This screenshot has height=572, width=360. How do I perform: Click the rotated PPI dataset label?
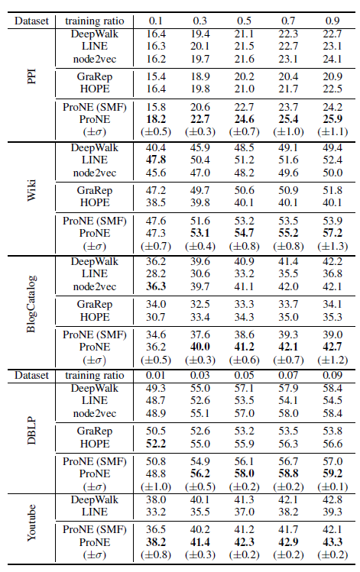tap(32, 77)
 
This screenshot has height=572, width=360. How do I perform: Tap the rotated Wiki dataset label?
tap(32, 190)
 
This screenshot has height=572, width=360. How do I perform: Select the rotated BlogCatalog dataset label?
tap(32, 304)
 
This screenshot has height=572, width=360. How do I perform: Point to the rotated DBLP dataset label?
tap(32, 431)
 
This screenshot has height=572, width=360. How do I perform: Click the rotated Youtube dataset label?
tap(32, 523)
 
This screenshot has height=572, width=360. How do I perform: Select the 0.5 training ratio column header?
tap(244, 21)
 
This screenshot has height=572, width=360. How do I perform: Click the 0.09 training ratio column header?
tap(332, 375)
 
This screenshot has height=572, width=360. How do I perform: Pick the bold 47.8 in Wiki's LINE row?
tap(156, 160)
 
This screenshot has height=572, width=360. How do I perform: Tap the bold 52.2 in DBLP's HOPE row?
tap(156, 444)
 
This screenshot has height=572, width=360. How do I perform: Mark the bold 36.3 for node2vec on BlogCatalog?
tap(156, 286)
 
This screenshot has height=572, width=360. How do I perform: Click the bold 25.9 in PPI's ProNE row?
tap(332, 119)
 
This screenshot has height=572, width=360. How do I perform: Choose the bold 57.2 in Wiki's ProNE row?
tap(332, 233)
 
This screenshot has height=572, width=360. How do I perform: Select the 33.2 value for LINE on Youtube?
tap(156, 512)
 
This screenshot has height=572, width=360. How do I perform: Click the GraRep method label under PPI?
tap(95, 76)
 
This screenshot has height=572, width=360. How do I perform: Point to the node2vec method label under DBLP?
tap(95, 413)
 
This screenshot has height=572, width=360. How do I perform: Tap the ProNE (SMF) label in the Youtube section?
tap(95, 529)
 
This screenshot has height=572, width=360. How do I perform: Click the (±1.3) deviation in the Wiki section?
tap(332, 246)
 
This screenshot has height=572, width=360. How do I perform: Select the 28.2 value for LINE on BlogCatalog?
tap(156, 273)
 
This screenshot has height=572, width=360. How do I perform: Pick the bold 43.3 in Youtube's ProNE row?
tap(332, 542)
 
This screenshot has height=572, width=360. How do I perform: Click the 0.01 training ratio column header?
tap(156, 375)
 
